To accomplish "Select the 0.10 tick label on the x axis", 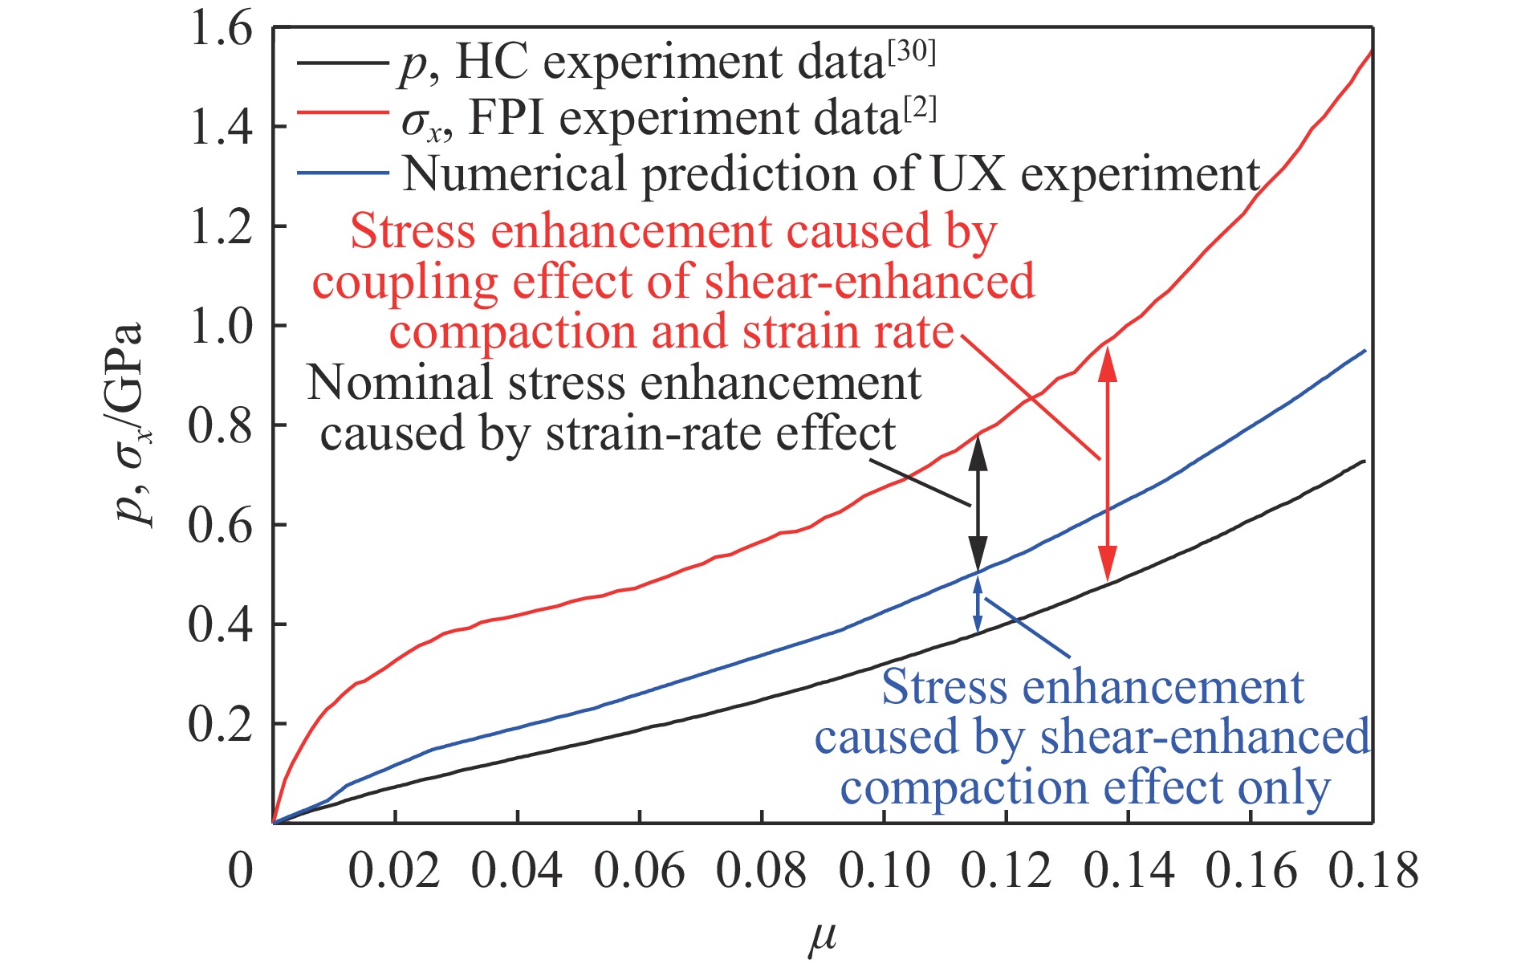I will (x=885, y=871).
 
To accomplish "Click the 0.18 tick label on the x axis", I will (x=1373, y=871).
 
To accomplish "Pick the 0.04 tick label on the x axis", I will (x=517, y=871).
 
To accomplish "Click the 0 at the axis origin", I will (x=240, y=871).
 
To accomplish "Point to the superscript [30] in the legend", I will (x=911, y=53).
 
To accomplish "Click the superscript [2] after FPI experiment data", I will (x=919, y=109).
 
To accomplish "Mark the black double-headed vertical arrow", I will (x=978, y=504).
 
